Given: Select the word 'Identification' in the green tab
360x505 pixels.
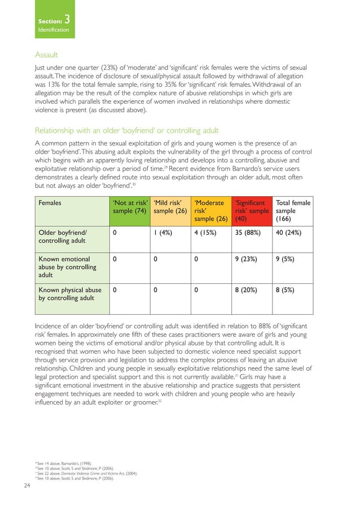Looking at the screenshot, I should pyautogui.click(x=54, y=29).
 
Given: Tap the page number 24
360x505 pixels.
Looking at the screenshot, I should pyautogui.click(x=27, y=485).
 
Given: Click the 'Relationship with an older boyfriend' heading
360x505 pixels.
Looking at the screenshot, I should pyautogui.click(x=127, y=130).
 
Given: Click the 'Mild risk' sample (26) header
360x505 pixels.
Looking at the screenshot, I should pyautogui.click(x=170, y=207).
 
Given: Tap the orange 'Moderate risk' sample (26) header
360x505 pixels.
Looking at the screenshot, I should pyautogui.click(x=210, y=210).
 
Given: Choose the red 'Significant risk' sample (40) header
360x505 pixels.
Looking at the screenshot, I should pyautogui.click(x=251, y=210).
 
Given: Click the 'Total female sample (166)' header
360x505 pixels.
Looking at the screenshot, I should pyautogui.click(x=292, y=210).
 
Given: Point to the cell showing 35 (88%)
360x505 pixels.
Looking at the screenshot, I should pyautogui.click(x=249, y=231).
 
